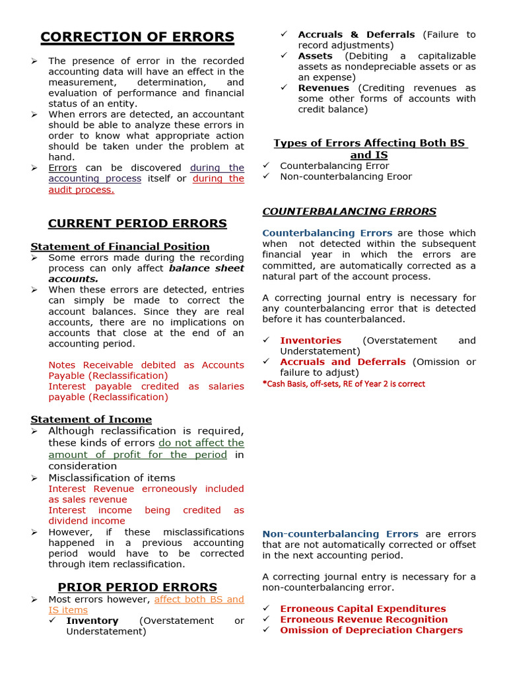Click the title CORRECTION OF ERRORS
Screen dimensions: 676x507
tap(137, 37)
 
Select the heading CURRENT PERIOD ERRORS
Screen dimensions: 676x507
tap(137, 224)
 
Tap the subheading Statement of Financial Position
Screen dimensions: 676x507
tap(120, 247)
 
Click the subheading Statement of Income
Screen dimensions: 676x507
tap(91, 420)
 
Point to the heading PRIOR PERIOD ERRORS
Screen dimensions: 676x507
tap(137, 587)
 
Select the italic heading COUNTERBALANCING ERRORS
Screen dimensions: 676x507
tap(349, 212)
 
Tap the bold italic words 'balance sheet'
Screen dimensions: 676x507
tap(207, 268)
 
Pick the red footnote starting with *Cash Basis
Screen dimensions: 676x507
tap(343, 384)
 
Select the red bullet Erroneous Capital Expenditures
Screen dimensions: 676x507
tap(363, 609)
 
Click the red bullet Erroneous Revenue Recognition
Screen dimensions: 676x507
tap(364, 619)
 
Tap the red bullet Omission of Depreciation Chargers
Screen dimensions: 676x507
tap(371, 630)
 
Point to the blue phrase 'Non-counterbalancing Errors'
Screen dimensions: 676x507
tap(340, 534)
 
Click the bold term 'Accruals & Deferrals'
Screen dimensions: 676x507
tap(356, 34)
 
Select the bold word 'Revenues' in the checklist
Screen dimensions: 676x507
tap(323, 88)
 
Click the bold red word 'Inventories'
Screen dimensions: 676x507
tap(310, 341)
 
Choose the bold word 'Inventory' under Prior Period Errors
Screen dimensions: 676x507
tap(92, 621)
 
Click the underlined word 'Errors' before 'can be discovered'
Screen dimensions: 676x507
tap(63, 168)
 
